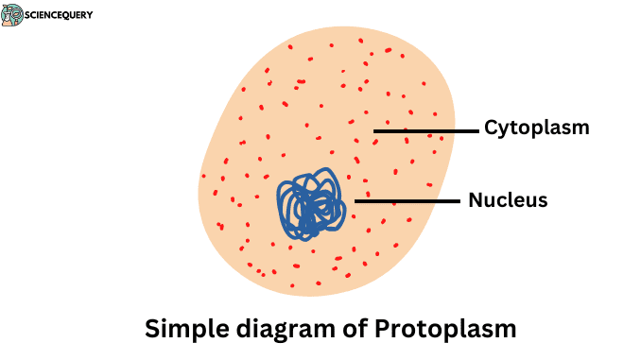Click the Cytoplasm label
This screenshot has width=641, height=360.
tap(536, 128)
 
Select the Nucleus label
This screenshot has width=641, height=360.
tap(508, 200)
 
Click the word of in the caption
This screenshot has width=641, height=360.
tap(346, 330)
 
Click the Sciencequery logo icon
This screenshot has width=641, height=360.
tap(12, 15)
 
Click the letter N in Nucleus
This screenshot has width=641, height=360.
tap(475, 200)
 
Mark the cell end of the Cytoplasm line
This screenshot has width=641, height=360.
tap(375, 130)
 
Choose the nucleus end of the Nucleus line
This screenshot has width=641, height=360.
tap(356, 200)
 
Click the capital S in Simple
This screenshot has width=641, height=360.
tap(152, 329)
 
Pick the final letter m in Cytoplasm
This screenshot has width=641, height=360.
tap(580, 129)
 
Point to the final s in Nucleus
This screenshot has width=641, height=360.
tap(543, 201)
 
